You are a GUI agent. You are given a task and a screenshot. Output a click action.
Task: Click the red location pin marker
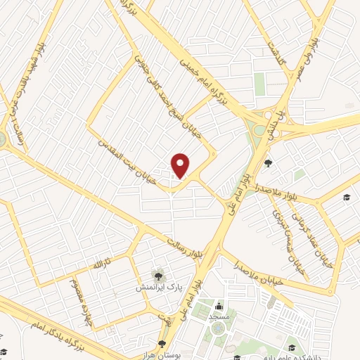pos(181,165)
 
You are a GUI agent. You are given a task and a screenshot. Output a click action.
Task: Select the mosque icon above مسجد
pos(219,306)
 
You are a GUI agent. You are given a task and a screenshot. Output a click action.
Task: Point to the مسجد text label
pos(219,318)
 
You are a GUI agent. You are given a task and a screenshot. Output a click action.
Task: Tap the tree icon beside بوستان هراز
pos(162,344)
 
